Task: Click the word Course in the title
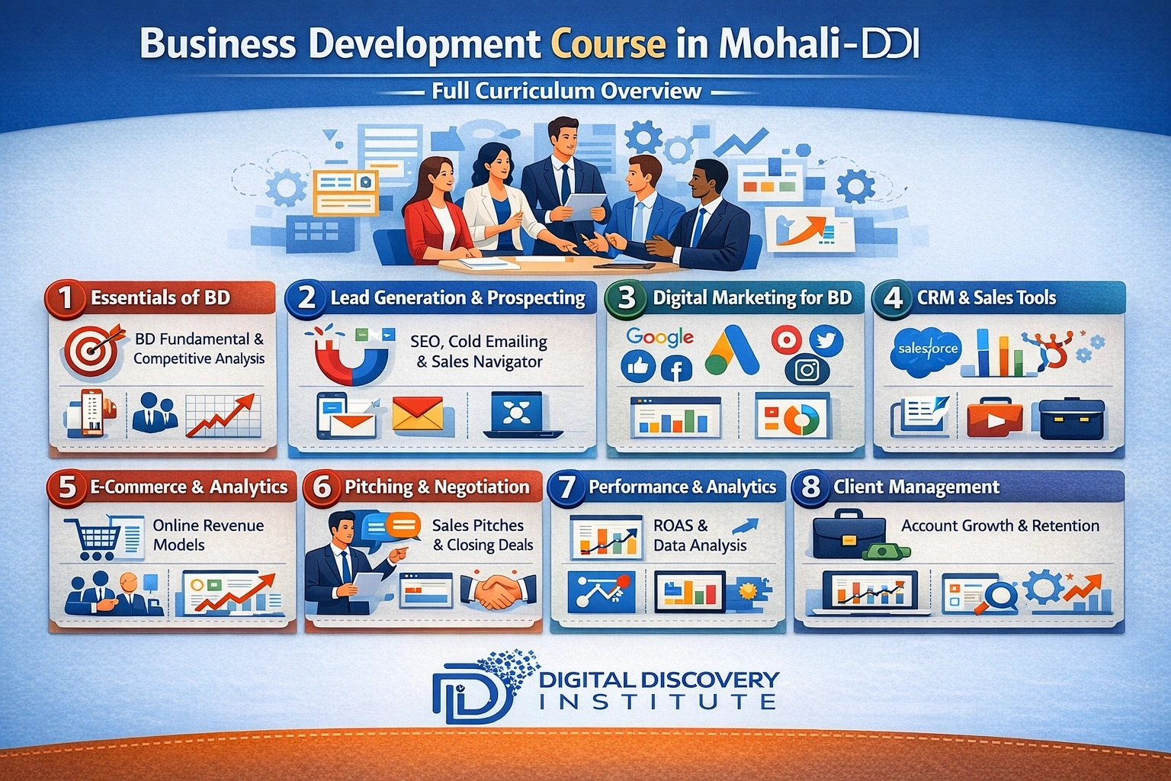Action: pyautogui.click(x=608, y=43)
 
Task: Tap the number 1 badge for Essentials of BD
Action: pyautogui.click(x=66, y=297)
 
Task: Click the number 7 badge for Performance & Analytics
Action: pyautogui.click(x=566, y=487)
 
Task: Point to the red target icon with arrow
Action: pyautogui.click(x=92, y=350)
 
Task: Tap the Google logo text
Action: pyautogui.click(x=659, y=336)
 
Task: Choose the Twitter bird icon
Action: pyautogui.click(x=825, y=341)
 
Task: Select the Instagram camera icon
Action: pyautogui.click(x=807, y=371)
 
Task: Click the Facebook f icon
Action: pyautogui.click(x=675, y=369)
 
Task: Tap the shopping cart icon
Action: pyautogui.click(x=93, y=537)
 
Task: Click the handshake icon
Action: pyautogui.click(x=499, y=591)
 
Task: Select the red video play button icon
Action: pyautogui.click(x=994, y=418)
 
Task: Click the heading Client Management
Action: pyautogui.click(x=916, y=487)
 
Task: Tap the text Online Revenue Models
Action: pyautogui.click(x=207, y=535)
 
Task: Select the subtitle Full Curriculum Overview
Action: pyautogui.click(x=566, y=92)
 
